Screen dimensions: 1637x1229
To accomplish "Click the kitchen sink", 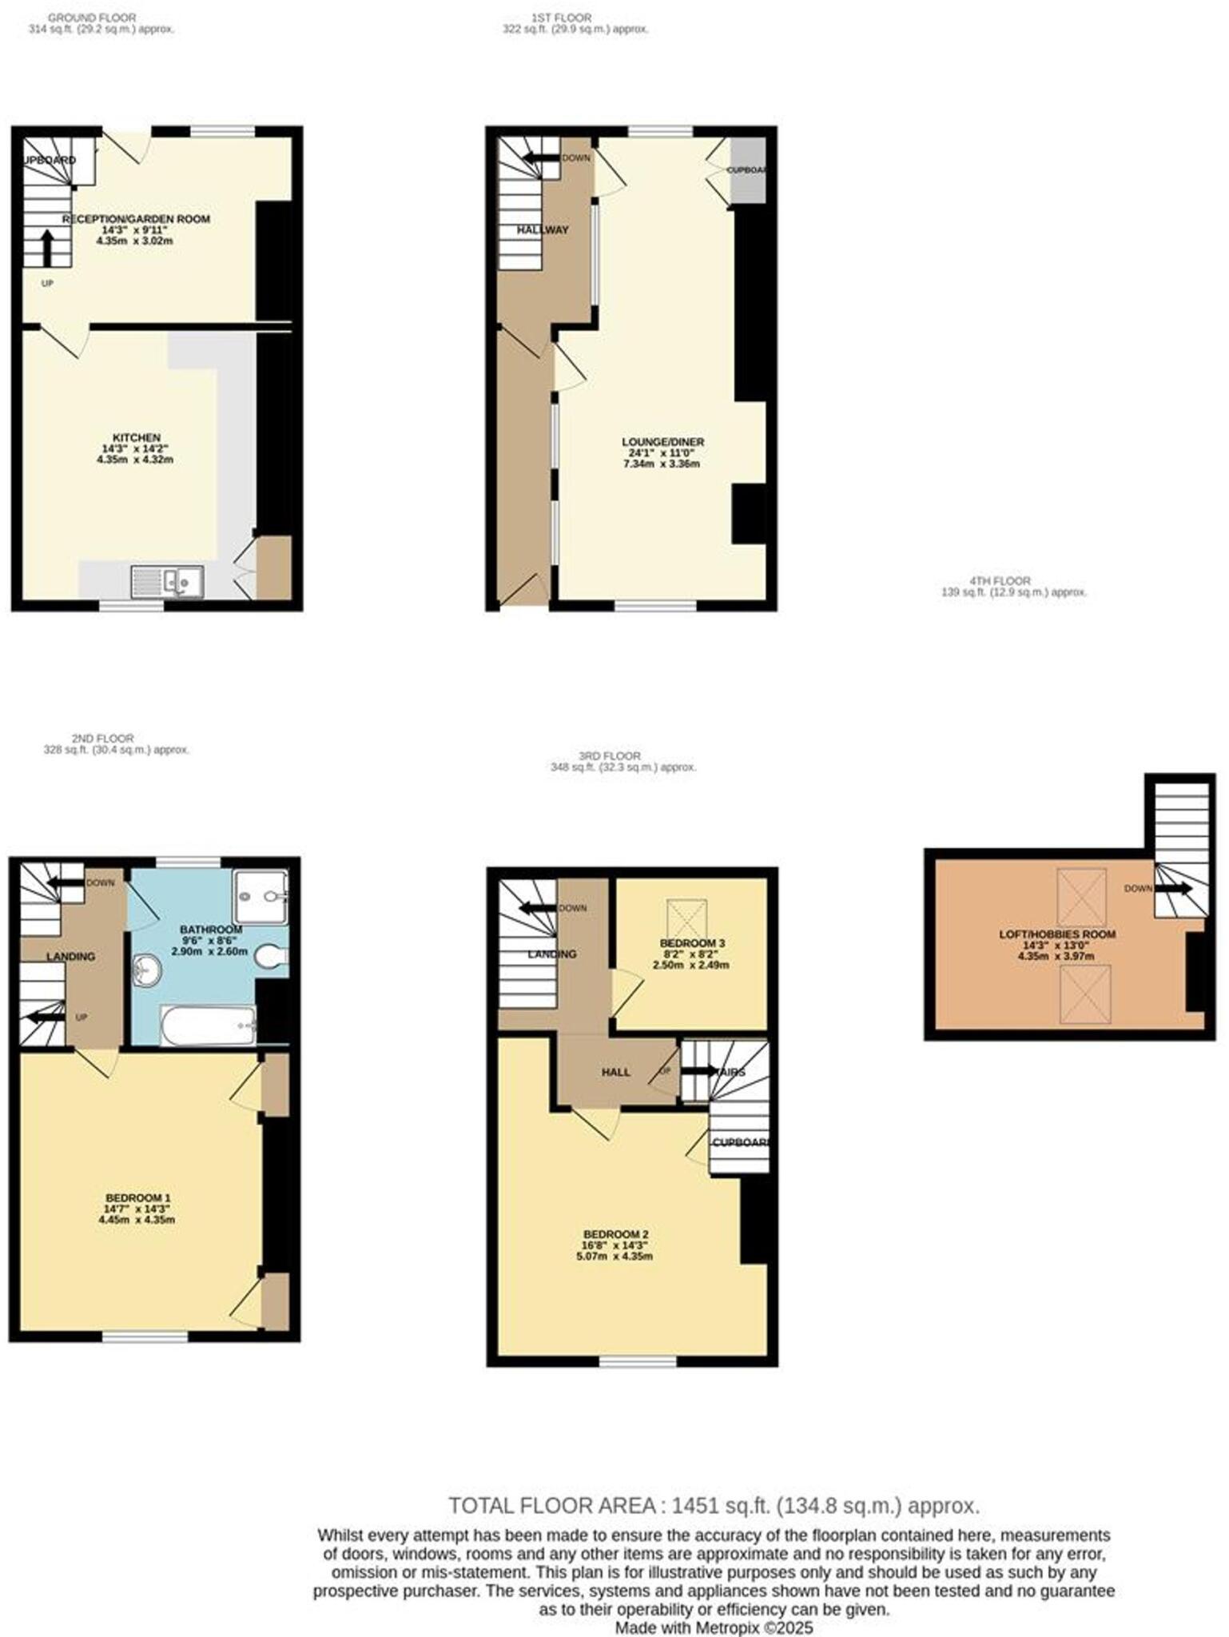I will point(168,581).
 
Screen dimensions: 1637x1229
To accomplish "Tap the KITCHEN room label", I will point(137,437).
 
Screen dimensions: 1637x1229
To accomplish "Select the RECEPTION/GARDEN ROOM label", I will point(137,219).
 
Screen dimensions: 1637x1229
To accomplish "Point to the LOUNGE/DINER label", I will point(663,442).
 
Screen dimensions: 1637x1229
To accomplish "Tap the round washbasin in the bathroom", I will point(146,971).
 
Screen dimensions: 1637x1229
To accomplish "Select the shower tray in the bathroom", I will point(261,897).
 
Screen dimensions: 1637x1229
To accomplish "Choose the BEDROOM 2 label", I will point(615,1233).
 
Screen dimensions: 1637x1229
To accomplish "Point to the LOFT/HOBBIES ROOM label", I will point(1057,934).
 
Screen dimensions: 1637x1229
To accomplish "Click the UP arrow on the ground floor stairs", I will point(47,248).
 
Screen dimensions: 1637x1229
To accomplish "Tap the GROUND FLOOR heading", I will point(92,17).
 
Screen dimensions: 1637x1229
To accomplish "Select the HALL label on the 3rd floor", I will point(616,1072).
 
